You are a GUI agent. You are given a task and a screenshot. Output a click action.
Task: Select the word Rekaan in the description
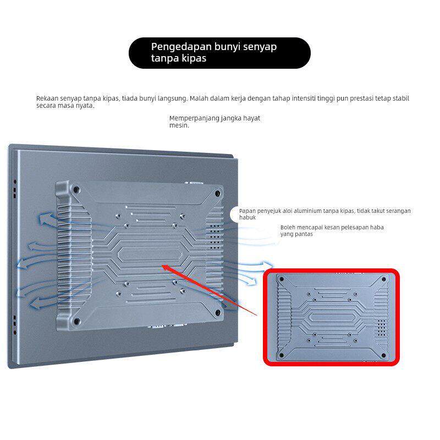coord(47,98)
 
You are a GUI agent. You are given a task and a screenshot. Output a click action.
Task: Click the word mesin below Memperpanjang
coord(179,125)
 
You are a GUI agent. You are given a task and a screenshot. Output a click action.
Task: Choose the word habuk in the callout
coord(247,217)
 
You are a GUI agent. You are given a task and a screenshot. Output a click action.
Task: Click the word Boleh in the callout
coord(288,227)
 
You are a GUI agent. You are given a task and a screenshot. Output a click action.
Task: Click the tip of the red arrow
coord(163,265)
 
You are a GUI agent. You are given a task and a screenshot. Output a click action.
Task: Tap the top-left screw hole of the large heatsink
coord(76,190)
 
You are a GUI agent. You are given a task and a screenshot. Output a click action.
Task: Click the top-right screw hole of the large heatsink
coord(217,194)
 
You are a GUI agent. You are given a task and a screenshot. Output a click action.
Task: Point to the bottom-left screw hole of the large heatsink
coord(76,322)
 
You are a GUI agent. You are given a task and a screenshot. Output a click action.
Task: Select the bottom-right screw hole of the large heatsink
coord(217,312)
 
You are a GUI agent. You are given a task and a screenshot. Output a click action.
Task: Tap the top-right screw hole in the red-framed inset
coord(383,279)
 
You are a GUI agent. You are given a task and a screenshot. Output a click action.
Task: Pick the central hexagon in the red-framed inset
coord(333,317)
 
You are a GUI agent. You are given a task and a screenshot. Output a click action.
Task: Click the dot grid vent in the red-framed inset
coord(381,328)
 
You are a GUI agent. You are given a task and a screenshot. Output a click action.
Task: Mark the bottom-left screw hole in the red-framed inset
coord(282,355)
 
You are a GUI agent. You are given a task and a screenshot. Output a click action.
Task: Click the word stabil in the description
coord(402,98)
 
